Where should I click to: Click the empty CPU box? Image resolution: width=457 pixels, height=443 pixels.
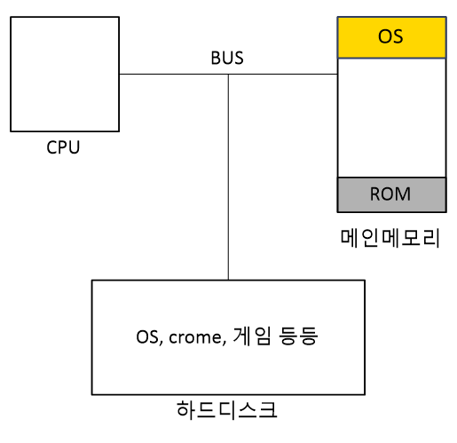65,74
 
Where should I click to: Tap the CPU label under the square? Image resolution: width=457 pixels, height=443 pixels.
63,147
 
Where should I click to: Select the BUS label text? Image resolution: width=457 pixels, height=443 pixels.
227,58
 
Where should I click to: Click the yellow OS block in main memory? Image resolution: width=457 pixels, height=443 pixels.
392,37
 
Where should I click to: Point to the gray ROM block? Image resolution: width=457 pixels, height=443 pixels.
392,194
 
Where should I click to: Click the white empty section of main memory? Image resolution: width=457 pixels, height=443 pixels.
392,118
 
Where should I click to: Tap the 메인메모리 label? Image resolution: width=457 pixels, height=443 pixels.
390,238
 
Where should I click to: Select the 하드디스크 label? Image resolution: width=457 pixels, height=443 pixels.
227,410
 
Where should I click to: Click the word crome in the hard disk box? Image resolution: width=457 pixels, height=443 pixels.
195,337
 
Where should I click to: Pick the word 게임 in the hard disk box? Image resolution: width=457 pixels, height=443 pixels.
252,336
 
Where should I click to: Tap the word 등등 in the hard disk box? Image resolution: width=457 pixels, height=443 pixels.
298,336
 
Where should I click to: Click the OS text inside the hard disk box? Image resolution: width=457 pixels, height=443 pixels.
147,336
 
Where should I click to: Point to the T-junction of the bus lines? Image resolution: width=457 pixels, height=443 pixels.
228,74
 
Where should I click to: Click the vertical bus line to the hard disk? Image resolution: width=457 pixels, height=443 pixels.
228,177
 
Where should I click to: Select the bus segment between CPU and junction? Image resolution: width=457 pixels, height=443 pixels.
174,74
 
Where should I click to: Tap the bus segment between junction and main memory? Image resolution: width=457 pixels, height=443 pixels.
283,74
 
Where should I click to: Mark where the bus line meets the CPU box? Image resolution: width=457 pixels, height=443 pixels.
119,74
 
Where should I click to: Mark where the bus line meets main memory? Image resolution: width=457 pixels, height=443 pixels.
338,74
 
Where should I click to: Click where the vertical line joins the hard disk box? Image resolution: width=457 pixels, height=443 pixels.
228,281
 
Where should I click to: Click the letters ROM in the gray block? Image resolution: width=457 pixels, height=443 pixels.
390,194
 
